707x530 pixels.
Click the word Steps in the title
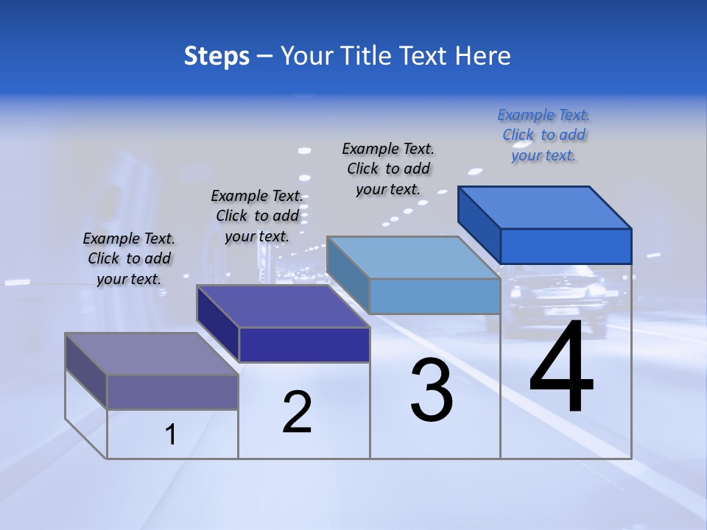[216, 56]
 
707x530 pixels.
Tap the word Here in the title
[482, 56]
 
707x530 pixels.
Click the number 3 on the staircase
[432, 390]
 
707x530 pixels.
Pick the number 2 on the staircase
[298, 412]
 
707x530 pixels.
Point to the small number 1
[170, 435]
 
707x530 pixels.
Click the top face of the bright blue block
[545, 207]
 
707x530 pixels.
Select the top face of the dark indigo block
[283, 306]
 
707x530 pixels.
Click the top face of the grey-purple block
[152, 354]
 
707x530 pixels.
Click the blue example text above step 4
[544, 135]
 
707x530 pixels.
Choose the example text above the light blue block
[388, 169]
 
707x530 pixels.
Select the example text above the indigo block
[257, 216]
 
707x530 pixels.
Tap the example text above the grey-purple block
[129, 258]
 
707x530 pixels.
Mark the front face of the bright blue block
[566, 246]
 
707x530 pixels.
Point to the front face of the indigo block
[304, 344]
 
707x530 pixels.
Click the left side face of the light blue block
[348, 268]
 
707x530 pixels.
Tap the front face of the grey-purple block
[172, 392]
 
